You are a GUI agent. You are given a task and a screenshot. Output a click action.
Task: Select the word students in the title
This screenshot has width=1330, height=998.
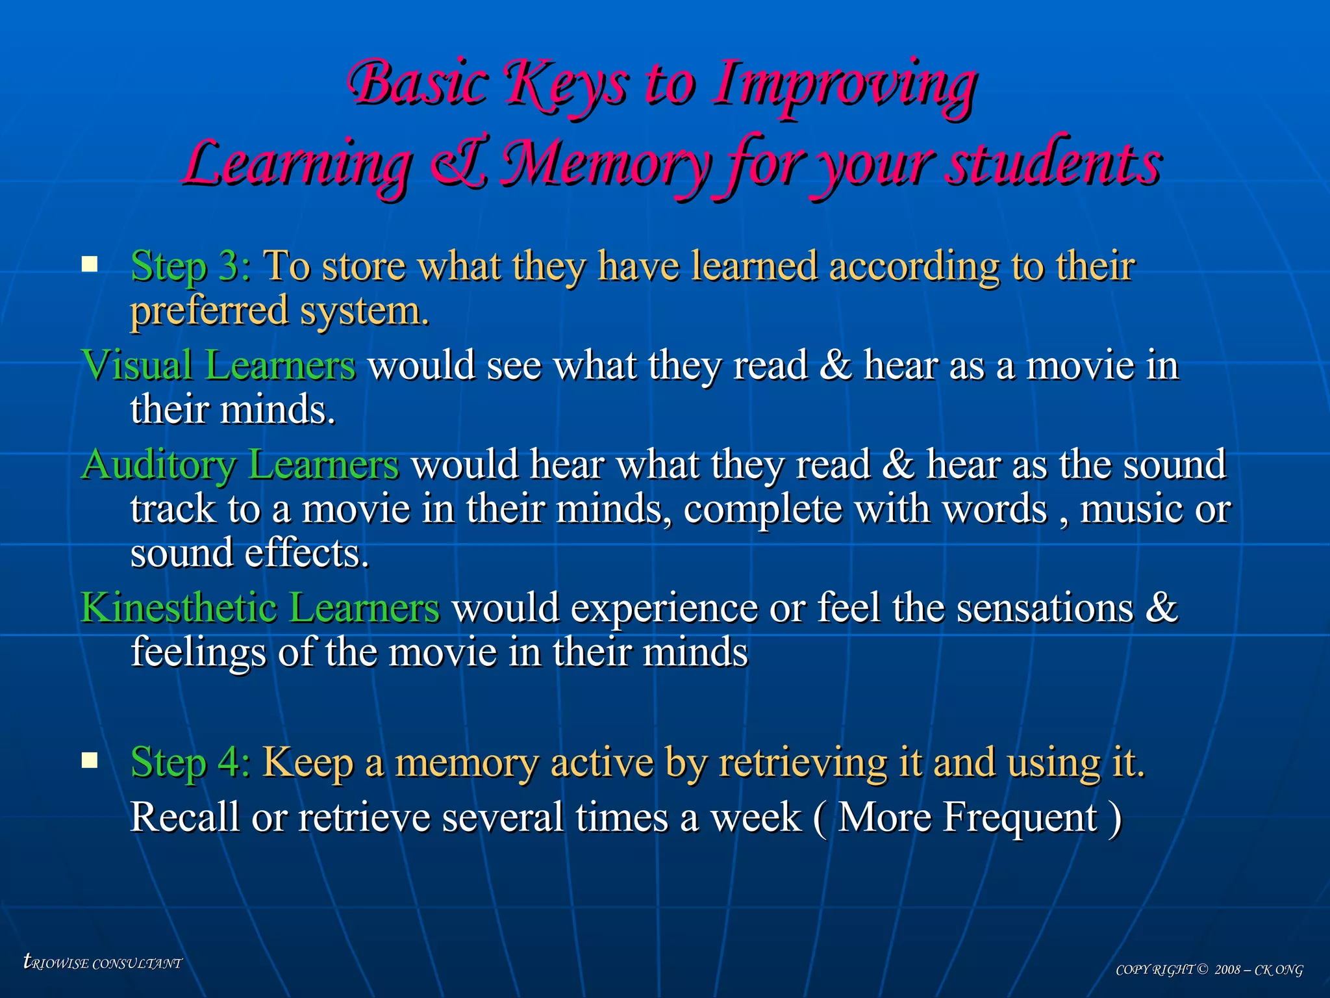point(1053,164)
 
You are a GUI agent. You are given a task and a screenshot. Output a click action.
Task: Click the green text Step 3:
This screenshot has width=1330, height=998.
point(190,266)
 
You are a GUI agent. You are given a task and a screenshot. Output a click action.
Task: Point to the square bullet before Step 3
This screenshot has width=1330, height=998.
point(90,264)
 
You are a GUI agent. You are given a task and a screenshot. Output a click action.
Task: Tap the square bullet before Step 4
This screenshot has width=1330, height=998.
point(90,760)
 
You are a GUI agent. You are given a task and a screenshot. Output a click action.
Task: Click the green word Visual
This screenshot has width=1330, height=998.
point(136,365)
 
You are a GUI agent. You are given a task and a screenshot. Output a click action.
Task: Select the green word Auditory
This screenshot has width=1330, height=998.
point(159,465)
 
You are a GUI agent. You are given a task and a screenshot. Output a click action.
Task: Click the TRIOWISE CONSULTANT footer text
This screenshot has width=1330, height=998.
point(103,962)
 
